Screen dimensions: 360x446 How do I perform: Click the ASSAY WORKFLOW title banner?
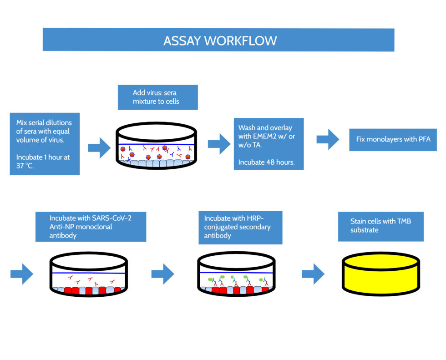(x=218, y=40)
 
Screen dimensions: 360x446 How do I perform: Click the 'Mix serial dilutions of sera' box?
(x=45, y=144)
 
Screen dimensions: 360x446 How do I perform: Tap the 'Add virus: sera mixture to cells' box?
(x=157, y=97)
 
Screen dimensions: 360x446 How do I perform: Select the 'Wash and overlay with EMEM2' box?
(x=269, y=144)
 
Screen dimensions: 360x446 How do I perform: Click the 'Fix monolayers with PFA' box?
(x=393, y=139)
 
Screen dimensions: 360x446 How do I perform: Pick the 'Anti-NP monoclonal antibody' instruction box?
(x=91, y=227)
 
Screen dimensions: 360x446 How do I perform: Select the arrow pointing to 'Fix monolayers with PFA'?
(x=328, y=139)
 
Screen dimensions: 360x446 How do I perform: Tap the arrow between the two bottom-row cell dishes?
(x=163, y=274)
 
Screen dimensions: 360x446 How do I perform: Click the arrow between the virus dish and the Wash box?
(x=219, y=144)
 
